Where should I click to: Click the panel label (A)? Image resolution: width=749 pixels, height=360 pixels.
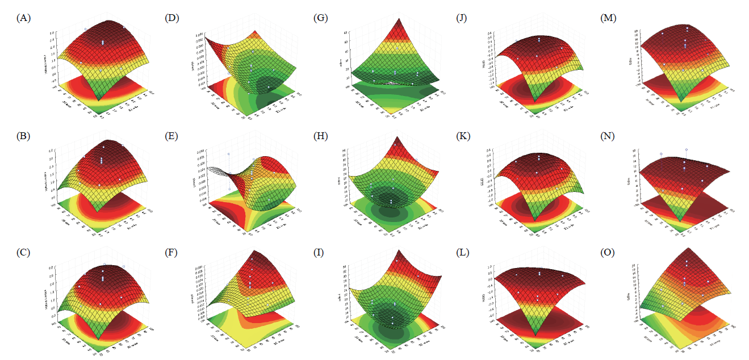tap(24, 18)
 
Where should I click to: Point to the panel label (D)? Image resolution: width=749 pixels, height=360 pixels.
tap(171, 18)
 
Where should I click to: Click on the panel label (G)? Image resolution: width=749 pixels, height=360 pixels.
tap(321, 18)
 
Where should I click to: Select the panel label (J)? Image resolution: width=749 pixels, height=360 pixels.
tap(464, 18)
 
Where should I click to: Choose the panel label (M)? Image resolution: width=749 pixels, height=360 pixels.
tap(609, 18)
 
